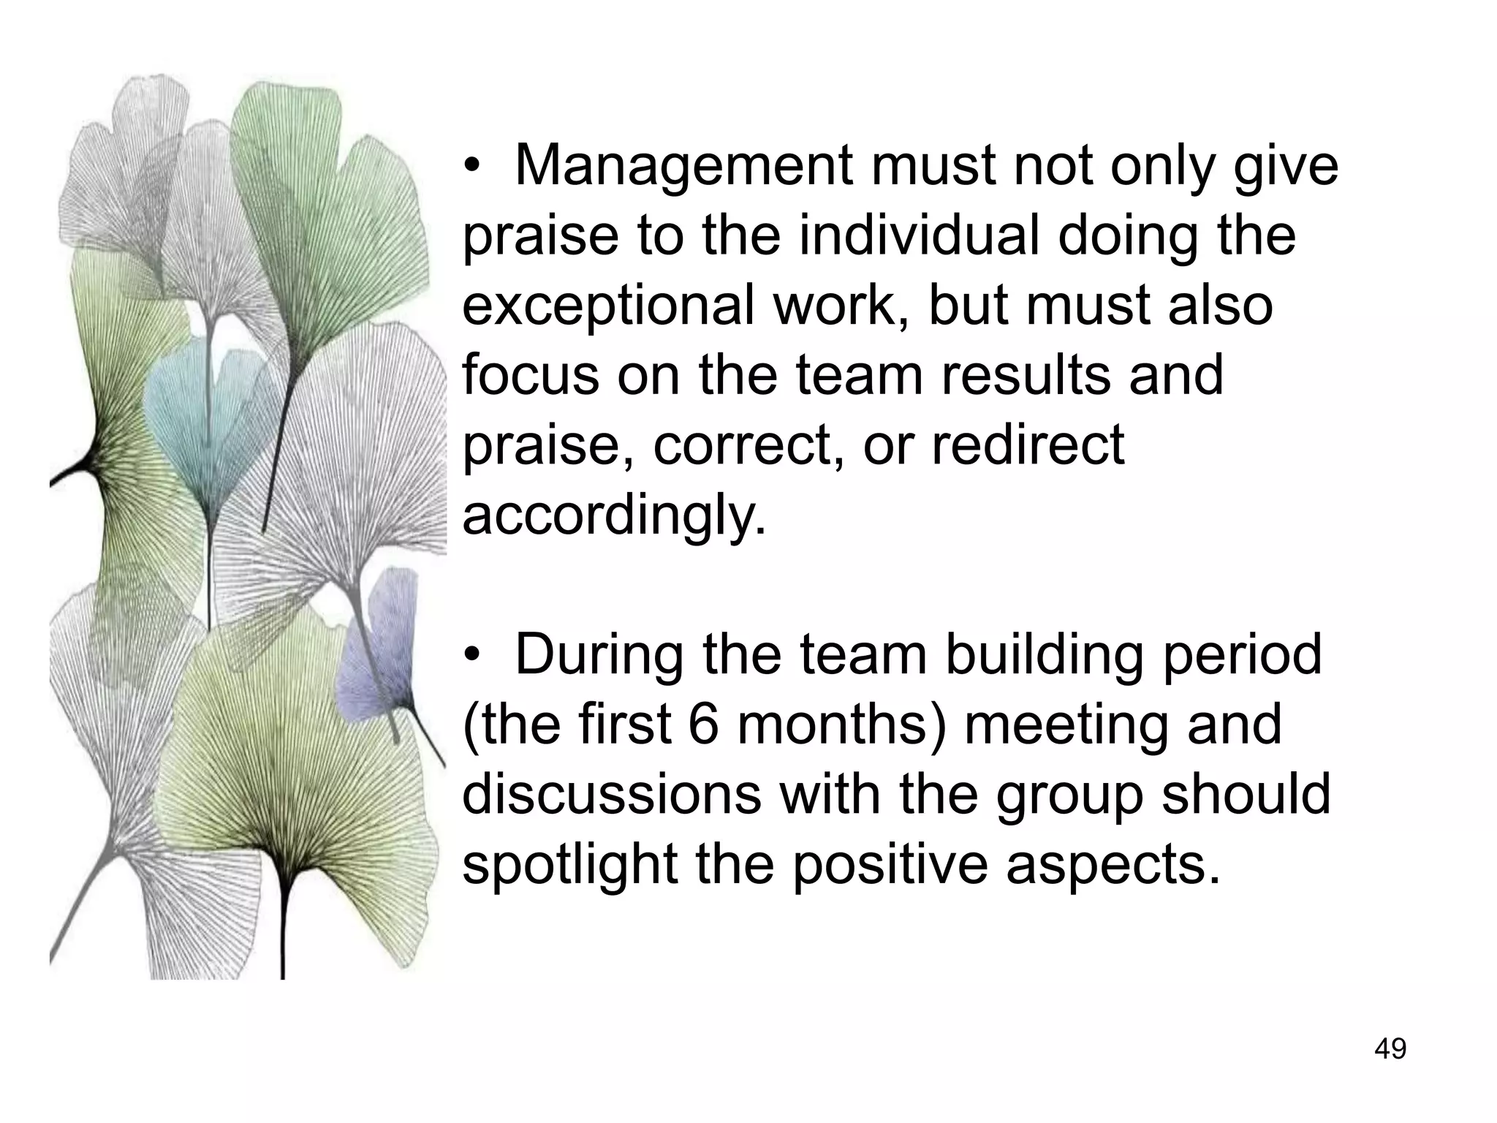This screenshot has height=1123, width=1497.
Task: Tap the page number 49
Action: [x=1390, y=1049]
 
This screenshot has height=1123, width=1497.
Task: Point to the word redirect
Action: [x=1028, y=445]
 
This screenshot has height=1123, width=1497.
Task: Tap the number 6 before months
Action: [x=704, y=725]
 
